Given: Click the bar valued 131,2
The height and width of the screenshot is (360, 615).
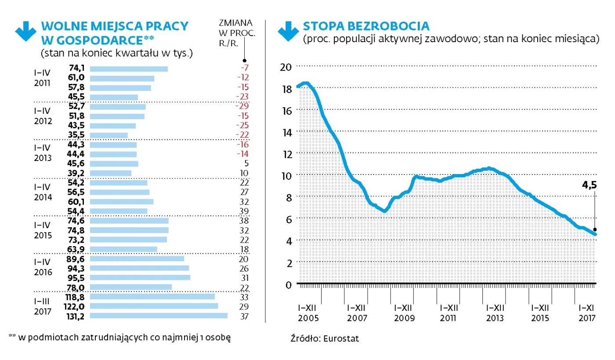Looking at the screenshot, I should [x=159, y=316].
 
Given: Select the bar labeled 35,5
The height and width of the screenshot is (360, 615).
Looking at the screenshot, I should [x=109, y=135].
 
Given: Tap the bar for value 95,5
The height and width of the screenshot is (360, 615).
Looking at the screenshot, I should [x=140, y=278].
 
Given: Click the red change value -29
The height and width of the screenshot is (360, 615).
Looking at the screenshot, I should [x=242, y=106].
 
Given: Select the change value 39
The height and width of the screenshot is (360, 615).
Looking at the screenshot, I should [x=244, y=211].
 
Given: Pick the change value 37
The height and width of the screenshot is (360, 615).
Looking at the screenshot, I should [x=244, y=316].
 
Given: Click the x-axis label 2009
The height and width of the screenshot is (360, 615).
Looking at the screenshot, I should [x=402, y=318].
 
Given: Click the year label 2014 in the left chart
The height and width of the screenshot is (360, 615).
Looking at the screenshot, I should [x=43, y=197].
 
